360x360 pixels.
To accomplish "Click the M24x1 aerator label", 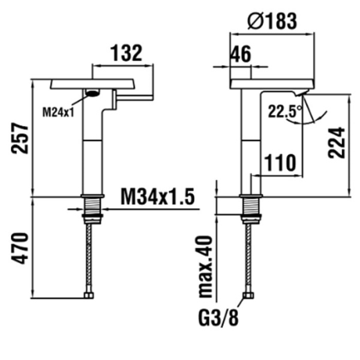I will coord(58,111).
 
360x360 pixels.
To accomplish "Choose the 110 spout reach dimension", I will coord(280,162).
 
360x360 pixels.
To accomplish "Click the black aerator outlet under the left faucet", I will coord(92,92).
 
